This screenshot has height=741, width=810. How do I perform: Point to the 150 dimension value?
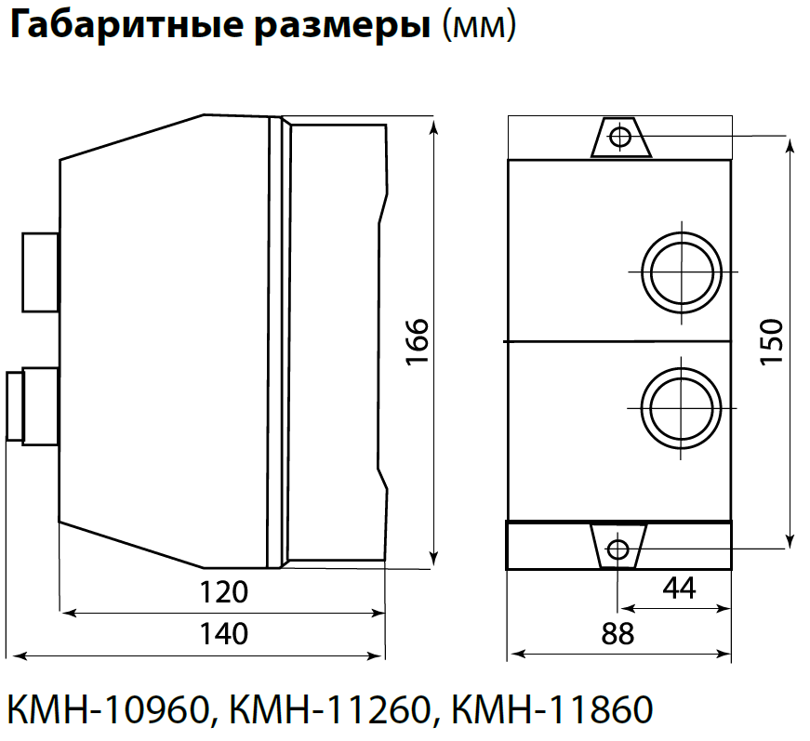coord(771,342)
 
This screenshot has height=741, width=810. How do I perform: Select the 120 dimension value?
coord(225,591)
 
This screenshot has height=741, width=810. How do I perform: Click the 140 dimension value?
coord(225,634)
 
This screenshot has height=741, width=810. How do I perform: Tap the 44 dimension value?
coord(680,588)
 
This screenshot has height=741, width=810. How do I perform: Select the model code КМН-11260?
coord(330,710)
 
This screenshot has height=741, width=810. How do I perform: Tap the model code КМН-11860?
coord(551,710)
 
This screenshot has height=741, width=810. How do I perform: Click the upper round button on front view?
coord(682,272)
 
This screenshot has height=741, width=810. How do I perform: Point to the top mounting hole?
coord(618,139)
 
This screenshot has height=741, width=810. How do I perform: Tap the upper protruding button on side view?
coord(39,271)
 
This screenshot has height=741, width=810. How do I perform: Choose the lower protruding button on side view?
coord(32,405)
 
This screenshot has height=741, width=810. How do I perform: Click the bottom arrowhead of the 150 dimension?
coord(790,540)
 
